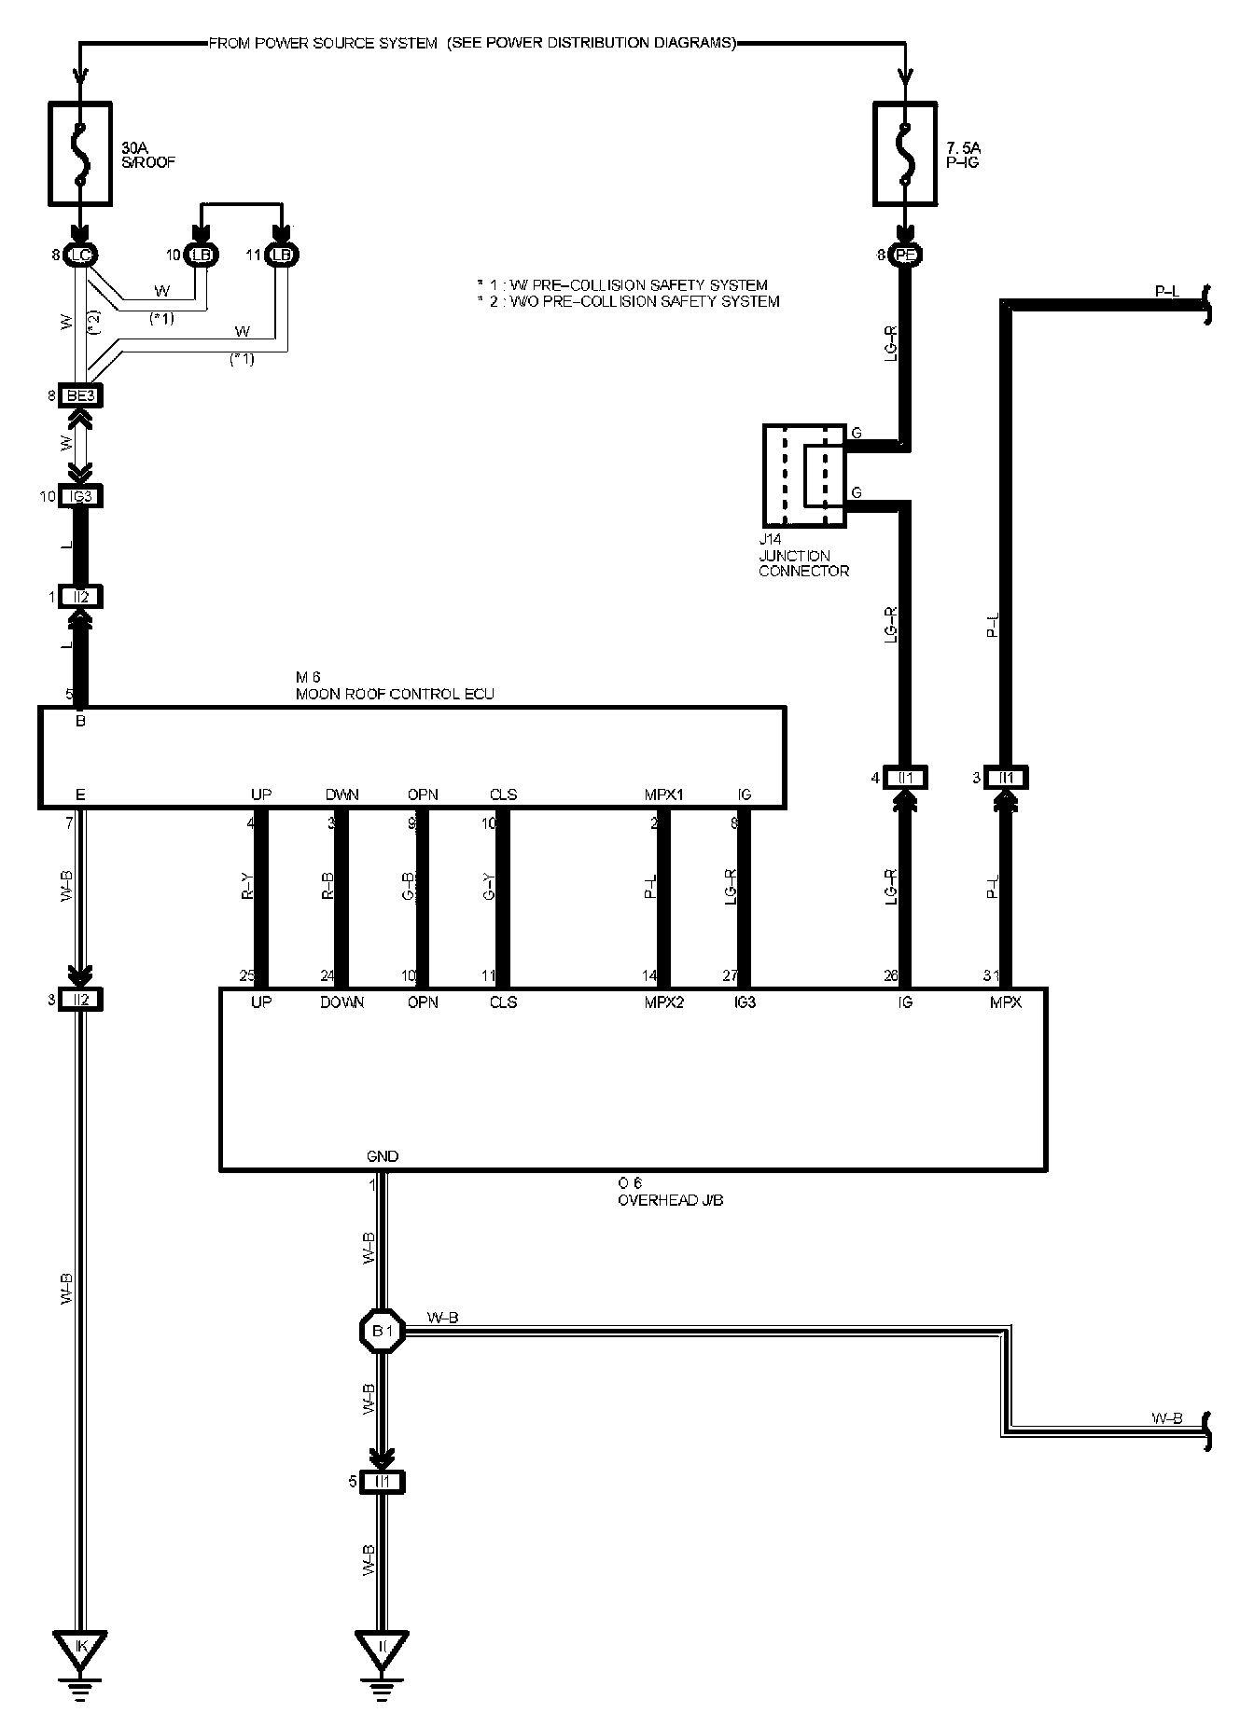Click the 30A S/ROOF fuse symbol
(x=81, y=154)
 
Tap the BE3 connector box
(x=80, y=395)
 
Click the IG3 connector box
(x=80, y=496)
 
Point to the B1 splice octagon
(x=383, y=1331)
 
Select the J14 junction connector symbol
(x=804, y=476)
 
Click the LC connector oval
(x=81, y=255)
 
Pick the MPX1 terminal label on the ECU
(x=663, y=795)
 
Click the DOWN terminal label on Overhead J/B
(x=341, y=1002)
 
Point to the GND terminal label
(x=383, y=1156)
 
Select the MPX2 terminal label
(x=663, y=1002)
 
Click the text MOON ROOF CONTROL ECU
(x=395, y=694)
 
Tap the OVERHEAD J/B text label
(x=670, y=1200)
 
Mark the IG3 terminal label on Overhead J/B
(x=745, y=1002)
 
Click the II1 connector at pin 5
(x=383, y=1482)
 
